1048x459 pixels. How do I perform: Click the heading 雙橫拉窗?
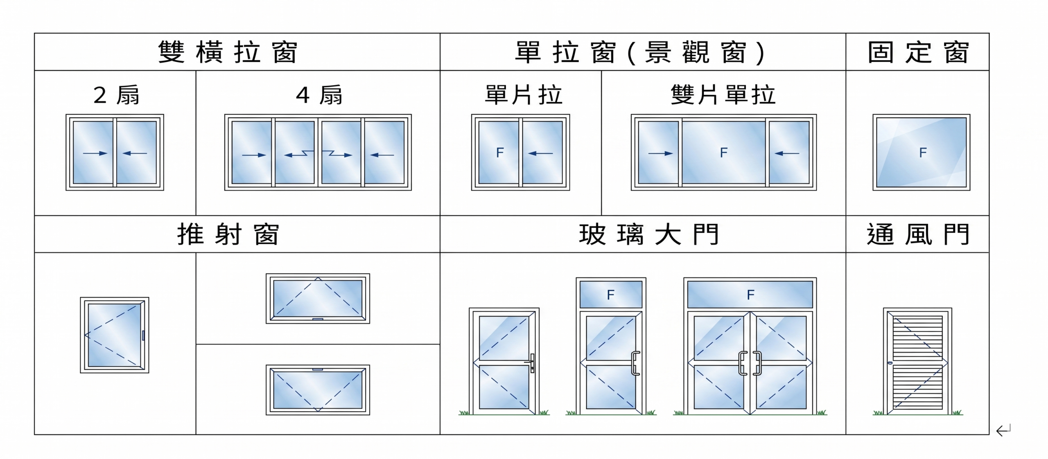tap(228, 52)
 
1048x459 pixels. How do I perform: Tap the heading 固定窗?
tap(918, 52)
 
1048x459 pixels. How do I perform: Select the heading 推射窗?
tap(228, 234)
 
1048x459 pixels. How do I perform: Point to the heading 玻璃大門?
tap(649, 234)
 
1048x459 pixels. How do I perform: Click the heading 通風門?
tap(918, 234)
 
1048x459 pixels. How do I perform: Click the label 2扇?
tap(116, 95)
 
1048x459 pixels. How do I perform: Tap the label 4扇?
tap(319, 95)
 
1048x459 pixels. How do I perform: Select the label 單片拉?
tap(523, 95)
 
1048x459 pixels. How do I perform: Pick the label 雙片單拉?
tap(723, 95)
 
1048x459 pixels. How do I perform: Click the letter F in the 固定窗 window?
tap(923, 153)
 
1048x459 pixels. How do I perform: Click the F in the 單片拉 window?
tap(499, 153)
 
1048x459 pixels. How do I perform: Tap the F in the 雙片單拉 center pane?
tap(723, 153)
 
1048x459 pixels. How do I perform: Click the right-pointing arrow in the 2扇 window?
tap(95, 153)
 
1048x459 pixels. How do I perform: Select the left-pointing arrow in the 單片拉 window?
tap(540, 153)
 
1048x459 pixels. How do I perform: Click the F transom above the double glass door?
tap(750, 295)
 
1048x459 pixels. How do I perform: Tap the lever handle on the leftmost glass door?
tap(531, 362)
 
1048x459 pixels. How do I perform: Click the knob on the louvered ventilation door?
tap(890, 363)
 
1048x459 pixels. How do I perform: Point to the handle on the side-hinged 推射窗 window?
tap(143, 335)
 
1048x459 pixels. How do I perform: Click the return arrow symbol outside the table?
tap(1003, 430)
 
